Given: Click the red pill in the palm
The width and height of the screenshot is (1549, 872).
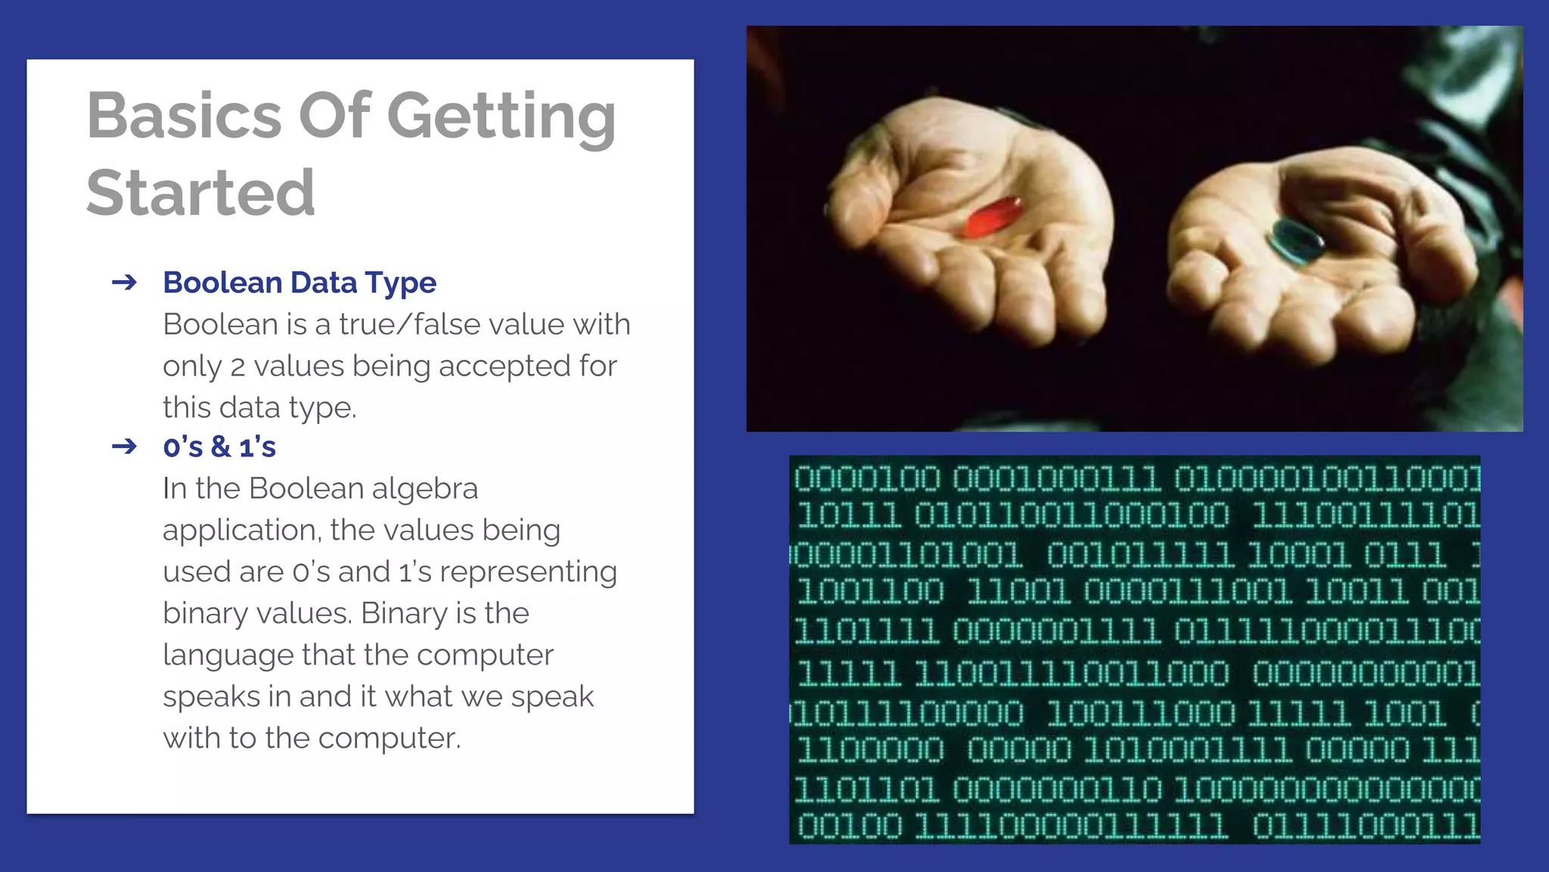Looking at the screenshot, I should coord(992,217).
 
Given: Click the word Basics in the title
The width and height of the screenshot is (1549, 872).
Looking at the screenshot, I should coord(184,116).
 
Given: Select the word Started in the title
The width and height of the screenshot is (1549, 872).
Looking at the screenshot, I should coord(200,192).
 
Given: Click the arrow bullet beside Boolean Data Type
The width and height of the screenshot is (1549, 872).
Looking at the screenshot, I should coord(124,282).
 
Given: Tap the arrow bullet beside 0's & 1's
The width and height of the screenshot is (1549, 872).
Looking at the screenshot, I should coord(124,447).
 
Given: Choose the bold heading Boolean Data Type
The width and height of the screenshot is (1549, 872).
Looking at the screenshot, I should coord(300,282).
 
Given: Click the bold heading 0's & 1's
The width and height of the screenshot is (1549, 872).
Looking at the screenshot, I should coord(219,447).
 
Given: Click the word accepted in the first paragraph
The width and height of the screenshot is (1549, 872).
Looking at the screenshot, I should coord(504,366).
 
